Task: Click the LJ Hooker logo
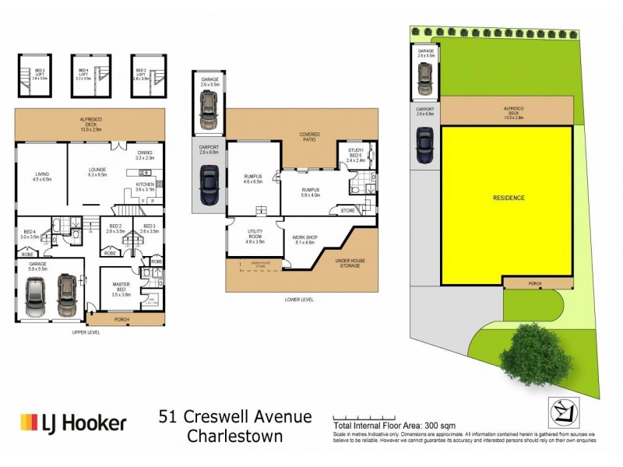[x=72, y=423]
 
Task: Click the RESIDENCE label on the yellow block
[x=509, y=198]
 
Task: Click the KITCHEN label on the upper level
[x=145, y=185]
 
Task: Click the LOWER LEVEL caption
[x=300, y=298]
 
